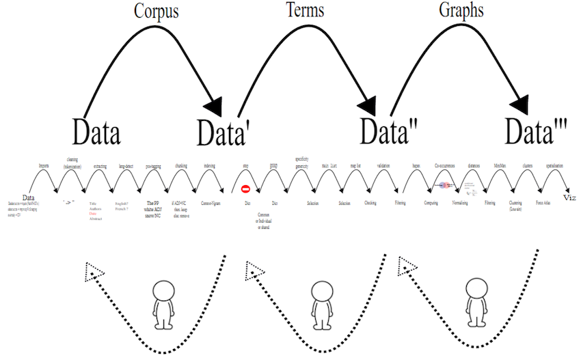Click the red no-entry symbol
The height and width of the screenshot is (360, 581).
pyautogui.click(x=245, y=189)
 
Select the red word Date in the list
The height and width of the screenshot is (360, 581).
pyautogui.click(x=93, y=214)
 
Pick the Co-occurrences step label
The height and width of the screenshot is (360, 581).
pyautogui.click(x=446, y=166)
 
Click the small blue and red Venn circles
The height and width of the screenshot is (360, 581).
pyautogui.click(x=444, y=185)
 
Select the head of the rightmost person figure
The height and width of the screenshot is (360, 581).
pyautogui.click(x=473, y=288)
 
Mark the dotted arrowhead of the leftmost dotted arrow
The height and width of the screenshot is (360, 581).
pyautogui.click(x=93, y=271)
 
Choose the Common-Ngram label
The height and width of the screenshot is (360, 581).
pyautogui.click(x=211, y=203)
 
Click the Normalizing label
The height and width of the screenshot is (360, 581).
pyautogui.click(x=460, y=203)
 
